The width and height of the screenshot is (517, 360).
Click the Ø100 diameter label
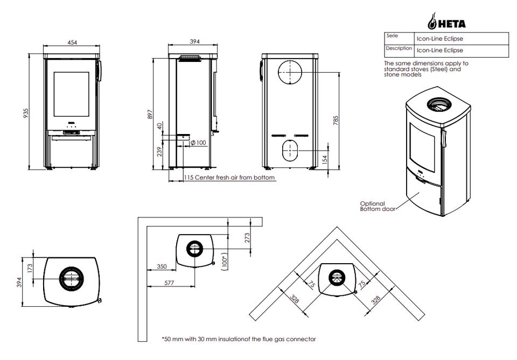[198, 143]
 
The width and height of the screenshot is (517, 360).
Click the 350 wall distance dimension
[162, 266]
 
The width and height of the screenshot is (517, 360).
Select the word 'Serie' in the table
[392, 36]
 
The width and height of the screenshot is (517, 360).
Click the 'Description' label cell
[399, 48]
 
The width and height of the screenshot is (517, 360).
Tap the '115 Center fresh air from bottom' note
[229, 178]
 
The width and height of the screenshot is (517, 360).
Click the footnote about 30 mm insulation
[239, 339]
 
